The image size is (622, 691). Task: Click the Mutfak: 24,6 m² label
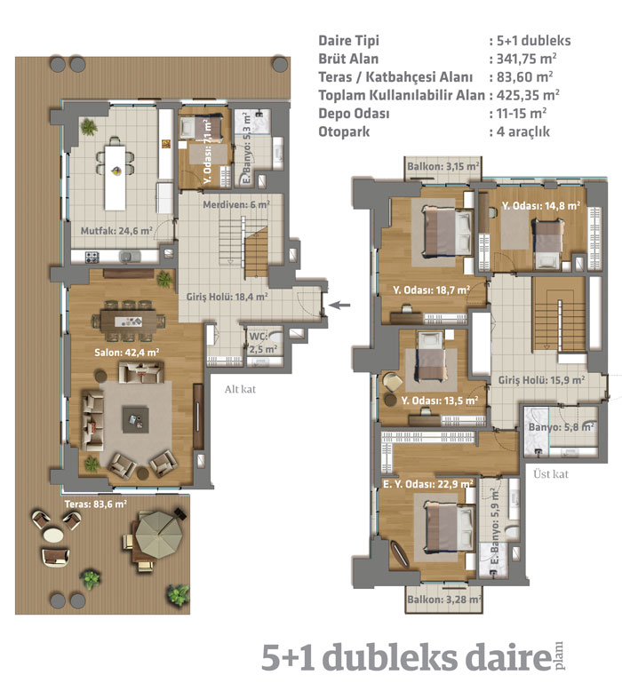click(x=116, y=230)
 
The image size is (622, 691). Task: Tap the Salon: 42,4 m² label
click(x=127, y=352)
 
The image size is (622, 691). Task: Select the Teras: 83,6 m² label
click(x=96, y=504)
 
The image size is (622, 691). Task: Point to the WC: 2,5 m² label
click(x=263, y=343)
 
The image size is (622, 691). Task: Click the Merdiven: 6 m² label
click(x=236, y=204)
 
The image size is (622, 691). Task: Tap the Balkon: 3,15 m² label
click(x=443, y=166)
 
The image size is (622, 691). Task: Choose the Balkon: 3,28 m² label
click(x=444, y=600)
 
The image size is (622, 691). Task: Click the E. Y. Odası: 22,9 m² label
click(x=428, y=484)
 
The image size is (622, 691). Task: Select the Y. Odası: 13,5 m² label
click(x=440, y=401)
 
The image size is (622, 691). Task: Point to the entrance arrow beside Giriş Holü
click(x=339, y=305)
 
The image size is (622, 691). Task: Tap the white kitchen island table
click(x=116, y=177)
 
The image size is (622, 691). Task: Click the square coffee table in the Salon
click(x=135, y=420)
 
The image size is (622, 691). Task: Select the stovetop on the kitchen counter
click(x=92, y=257)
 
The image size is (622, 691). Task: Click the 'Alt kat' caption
click(x=240, y=389)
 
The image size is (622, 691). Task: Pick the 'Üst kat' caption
click(x=551, y=474)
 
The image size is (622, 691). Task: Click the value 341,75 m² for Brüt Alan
click(x=526, y=59)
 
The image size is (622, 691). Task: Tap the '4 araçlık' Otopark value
click(x=523, y=131)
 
